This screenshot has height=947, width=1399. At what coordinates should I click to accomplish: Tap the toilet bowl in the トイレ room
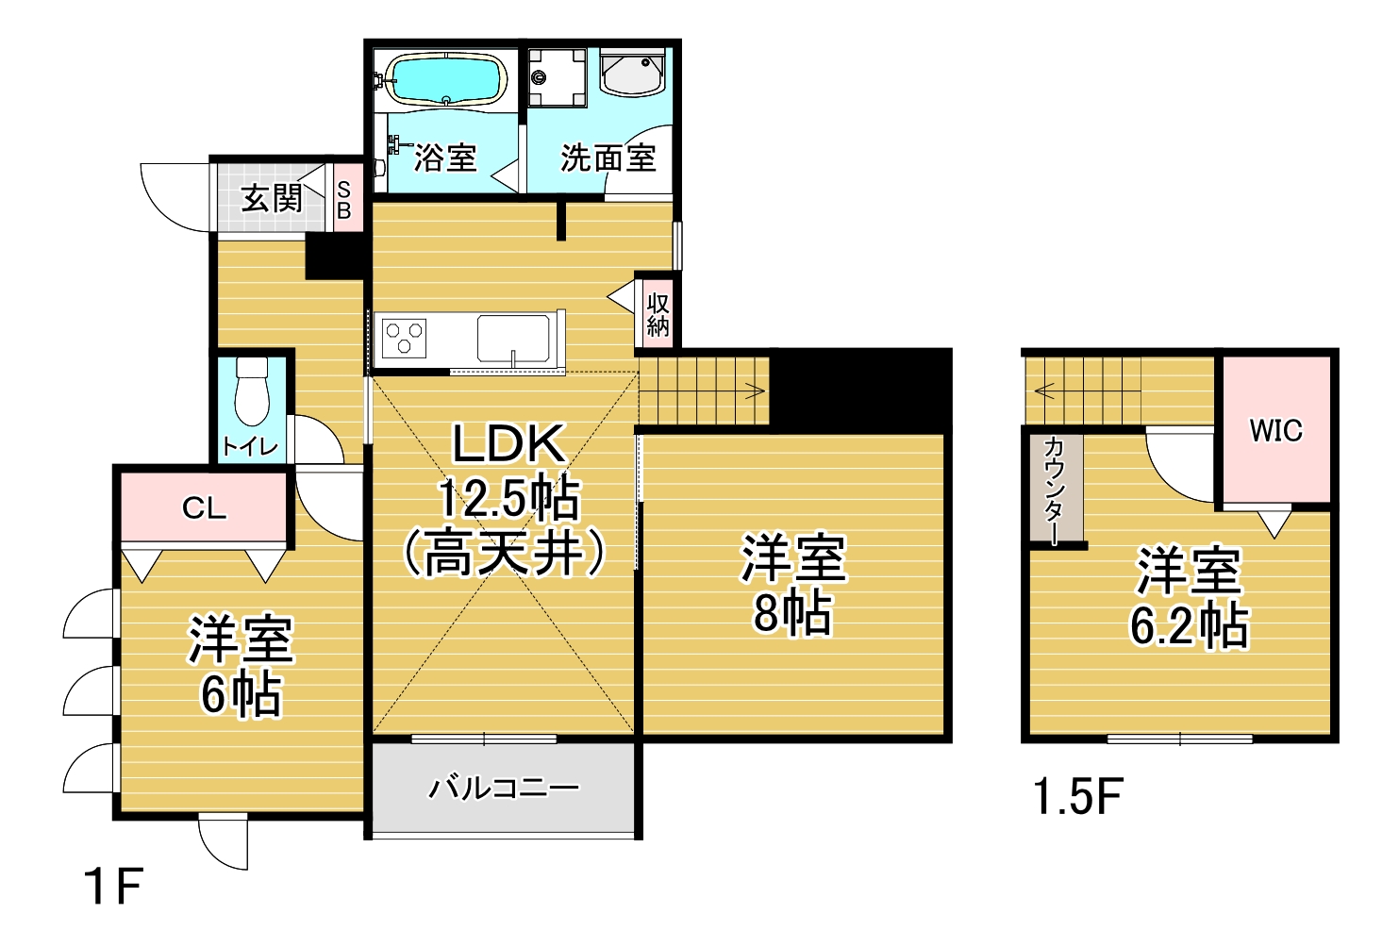tap(252, 390)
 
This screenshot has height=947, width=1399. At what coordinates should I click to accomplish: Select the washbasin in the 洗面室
tap(632, 73)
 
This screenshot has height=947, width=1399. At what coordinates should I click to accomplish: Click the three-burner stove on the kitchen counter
tap(404, 338)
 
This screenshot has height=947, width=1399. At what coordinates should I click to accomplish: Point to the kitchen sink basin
tap(513, 339)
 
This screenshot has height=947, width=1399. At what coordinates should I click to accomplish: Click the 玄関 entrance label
tap(273, 199)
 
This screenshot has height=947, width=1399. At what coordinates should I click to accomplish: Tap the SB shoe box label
tap(343, 201)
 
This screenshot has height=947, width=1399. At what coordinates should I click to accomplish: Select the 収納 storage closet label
tap(658, 315)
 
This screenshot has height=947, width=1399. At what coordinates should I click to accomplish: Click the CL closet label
tap(204, 507)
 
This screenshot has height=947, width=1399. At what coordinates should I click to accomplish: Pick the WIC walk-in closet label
tap(1275, 430)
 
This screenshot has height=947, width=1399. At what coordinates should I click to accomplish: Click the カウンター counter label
tap(1055, 491)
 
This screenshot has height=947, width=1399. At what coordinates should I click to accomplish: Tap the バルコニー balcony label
tap(504, 789)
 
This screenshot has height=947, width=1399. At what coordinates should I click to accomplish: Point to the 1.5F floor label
tap(1078, 796)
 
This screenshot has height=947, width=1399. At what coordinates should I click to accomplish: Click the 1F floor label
tap(113, 886)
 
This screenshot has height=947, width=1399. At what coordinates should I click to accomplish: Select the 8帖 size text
tap(791, 613)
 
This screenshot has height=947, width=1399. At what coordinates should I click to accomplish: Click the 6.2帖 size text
tap(1189, 624)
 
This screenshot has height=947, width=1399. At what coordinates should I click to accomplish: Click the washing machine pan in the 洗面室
tap(558, 78)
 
